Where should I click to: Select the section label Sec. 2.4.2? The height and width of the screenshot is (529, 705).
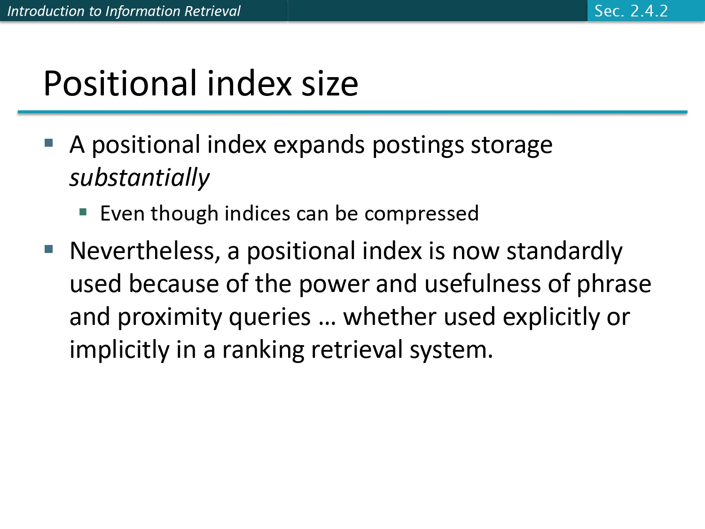point(631,11)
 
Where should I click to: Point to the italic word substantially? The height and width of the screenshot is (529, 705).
point(139,178)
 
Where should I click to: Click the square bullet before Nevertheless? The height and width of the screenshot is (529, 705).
point(49,249)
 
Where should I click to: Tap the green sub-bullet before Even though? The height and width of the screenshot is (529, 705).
point(83,212)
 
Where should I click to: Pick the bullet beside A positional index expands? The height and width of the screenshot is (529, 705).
point(49,142)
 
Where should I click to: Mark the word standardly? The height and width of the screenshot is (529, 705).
point(564,251)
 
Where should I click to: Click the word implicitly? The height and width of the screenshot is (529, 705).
point(119,350)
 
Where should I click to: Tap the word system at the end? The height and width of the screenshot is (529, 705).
point(451,350)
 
